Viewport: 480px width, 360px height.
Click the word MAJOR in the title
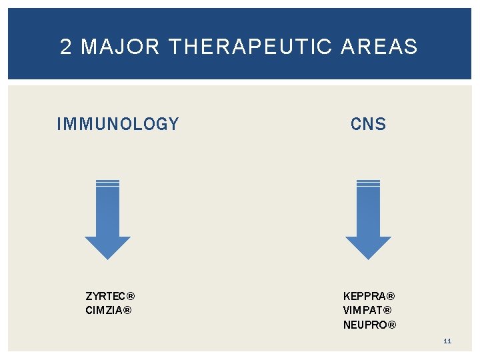tap(121, 47)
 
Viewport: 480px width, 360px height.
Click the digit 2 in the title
tap(65, 47)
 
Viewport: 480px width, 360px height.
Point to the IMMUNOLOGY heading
tap(118, 125)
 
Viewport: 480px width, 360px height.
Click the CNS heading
tap(368, 125)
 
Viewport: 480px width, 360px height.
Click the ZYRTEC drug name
tap(105, 296)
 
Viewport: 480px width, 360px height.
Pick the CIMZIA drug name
tap(103, 310)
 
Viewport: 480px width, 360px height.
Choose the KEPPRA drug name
tap(364, 296)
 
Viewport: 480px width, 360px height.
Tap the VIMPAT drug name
tap(363, 310)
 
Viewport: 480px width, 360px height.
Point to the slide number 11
tap(447, 341)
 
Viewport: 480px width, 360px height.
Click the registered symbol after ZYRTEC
tap(131, 296)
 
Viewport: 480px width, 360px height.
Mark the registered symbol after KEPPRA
tap(391, 296)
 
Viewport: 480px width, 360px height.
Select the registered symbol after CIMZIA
tap(127, 310)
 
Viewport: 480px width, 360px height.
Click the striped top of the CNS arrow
tap(368, 183)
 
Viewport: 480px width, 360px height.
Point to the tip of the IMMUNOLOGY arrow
tap(107, 256)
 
